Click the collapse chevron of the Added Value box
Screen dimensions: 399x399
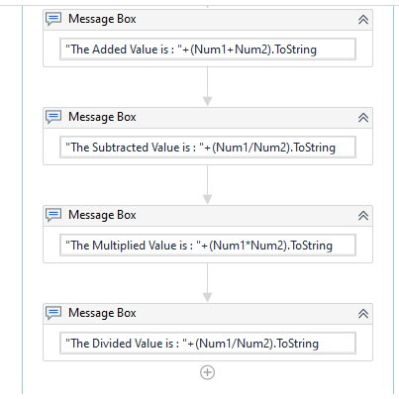[x=363, y=20]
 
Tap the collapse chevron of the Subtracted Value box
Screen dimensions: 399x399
[x=363, y=118]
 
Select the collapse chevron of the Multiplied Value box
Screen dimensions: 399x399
[x=363, y=215]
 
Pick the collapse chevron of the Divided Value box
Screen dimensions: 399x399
[x=363, y=313]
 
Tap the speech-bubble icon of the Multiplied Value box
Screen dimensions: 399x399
[x=54, y=215]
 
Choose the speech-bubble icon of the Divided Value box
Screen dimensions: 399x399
[x=54, y=313]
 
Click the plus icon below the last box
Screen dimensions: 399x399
[x=207, y=372]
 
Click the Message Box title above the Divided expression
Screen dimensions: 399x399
[x=102, y=313]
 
